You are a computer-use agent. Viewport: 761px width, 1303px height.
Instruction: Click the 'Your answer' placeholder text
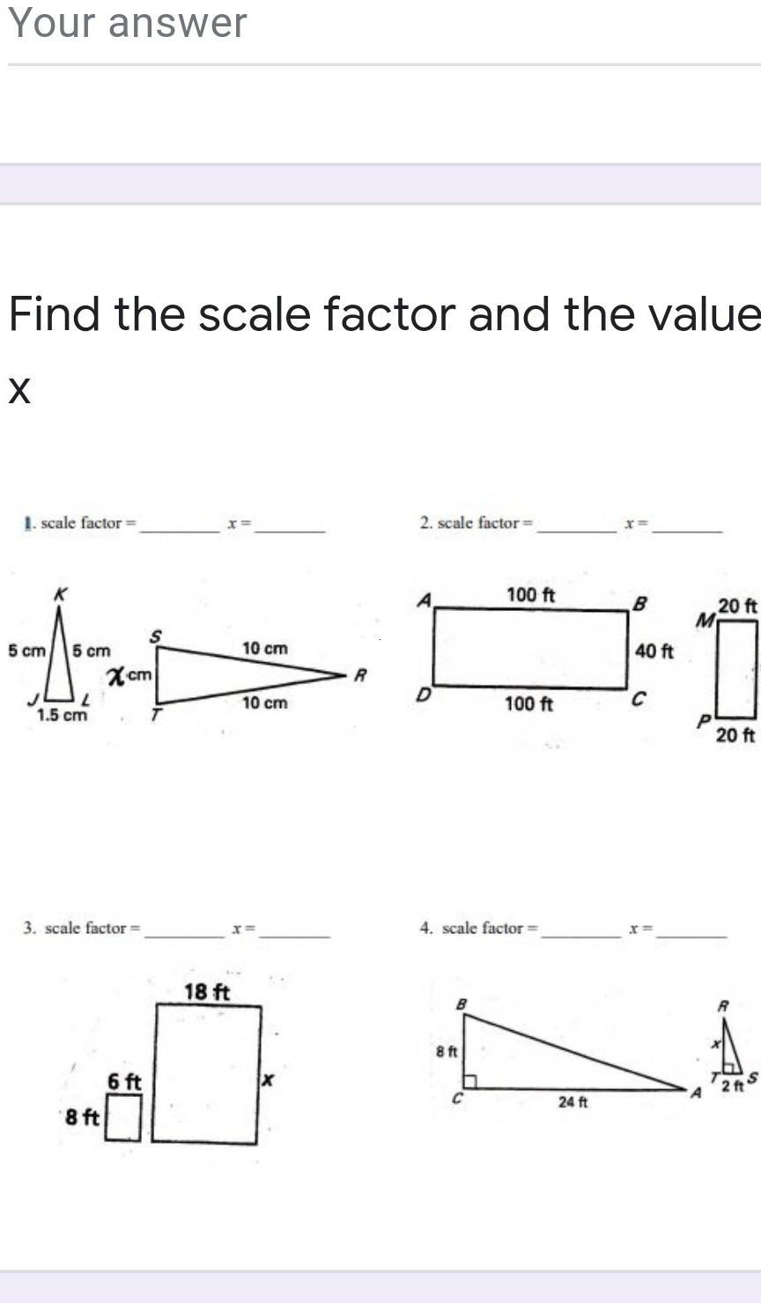coord(128,23)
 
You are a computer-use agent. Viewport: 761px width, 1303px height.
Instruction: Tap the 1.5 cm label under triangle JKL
coord(62,715)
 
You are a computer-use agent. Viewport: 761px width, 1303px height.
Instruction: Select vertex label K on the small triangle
coord(60,594)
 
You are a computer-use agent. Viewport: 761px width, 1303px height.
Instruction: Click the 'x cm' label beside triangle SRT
coord(129,676)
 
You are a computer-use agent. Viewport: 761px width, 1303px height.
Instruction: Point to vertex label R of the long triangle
coord(358,676)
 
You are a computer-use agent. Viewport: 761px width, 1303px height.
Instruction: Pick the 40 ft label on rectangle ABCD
coord(654,651)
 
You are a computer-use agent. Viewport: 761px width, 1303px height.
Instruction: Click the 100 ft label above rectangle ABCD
coord(530,595)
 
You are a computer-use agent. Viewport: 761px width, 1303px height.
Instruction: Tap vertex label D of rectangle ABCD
coord(423,696)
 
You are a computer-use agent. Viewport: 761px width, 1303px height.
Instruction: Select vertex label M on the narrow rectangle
coord(704,622)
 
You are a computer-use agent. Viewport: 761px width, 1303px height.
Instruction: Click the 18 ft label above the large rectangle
coord(207,992)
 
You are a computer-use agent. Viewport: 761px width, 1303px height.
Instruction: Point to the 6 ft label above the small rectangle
coord(124,1081)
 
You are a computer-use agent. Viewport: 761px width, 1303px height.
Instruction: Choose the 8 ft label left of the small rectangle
coord(83,1116)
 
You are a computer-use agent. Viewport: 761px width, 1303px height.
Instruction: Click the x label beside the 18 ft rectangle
coord(268,1079)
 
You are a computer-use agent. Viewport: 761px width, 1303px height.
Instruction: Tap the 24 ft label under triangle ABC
coord(573,1101)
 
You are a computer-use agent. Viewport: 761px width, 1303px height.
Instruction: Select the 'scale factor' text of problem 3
coord(85,928)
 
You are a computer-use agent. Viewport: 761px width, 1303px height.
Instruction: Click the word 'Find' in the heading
coord(54,313)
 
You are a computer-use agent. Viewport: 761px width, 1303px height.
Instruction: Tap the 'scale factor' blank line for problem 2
coord(577,531)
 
